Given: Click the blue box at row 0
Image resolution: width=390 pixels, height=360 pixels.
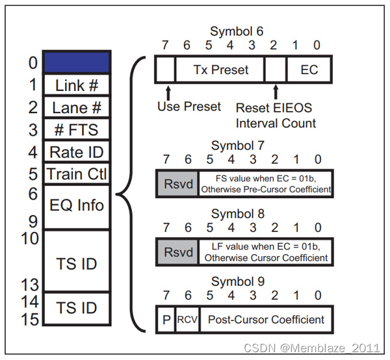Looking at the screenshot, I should click(x=77, y=62).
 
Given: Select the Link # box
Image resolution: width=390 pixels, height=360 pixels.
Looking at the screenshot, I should click(x=77, y=85).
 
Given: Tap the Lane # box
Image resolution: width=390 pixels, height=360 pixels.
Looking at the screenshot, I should click(x=77, y=107).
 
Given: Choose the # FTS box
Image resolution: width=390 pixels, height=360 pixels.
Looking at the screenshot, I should click(x=77, y=129).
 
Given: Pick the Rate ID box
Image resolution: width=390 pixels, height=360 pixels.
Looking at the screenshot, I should click(x=77, y=152).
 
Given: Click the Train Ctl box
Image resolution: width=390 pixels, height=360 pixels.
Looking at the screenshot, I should click(x=77, y=174).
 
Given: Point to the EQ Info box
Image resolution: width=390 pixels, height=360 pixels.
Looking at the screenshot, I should click(x=77, y=206).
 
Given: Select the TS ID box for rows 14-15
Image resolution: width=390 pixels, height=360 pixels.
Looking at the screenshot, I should click(x=77, y=308).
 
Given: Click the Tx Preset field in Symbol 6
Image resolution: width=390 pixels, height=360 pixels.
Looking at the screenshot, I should click(x=220, y=69).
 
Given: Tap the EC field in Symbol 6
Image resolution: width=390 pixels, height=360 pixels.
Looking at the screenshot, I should click(x=309, y=69).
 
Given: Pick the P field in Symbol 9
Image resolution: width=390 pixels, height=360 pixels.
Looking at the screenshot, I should click(x=165, y=320).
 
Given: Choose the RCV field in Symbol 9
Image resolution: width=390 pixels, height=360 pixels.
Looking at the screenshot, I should click(x=187, y=320).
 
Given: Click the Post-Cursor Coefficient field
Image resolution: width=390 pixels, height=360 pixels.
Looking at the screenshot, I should click(x=265, y=320).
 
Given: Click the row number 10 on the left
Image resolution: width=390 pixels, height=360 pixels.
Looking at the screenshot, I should click(x=29, y=238).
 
